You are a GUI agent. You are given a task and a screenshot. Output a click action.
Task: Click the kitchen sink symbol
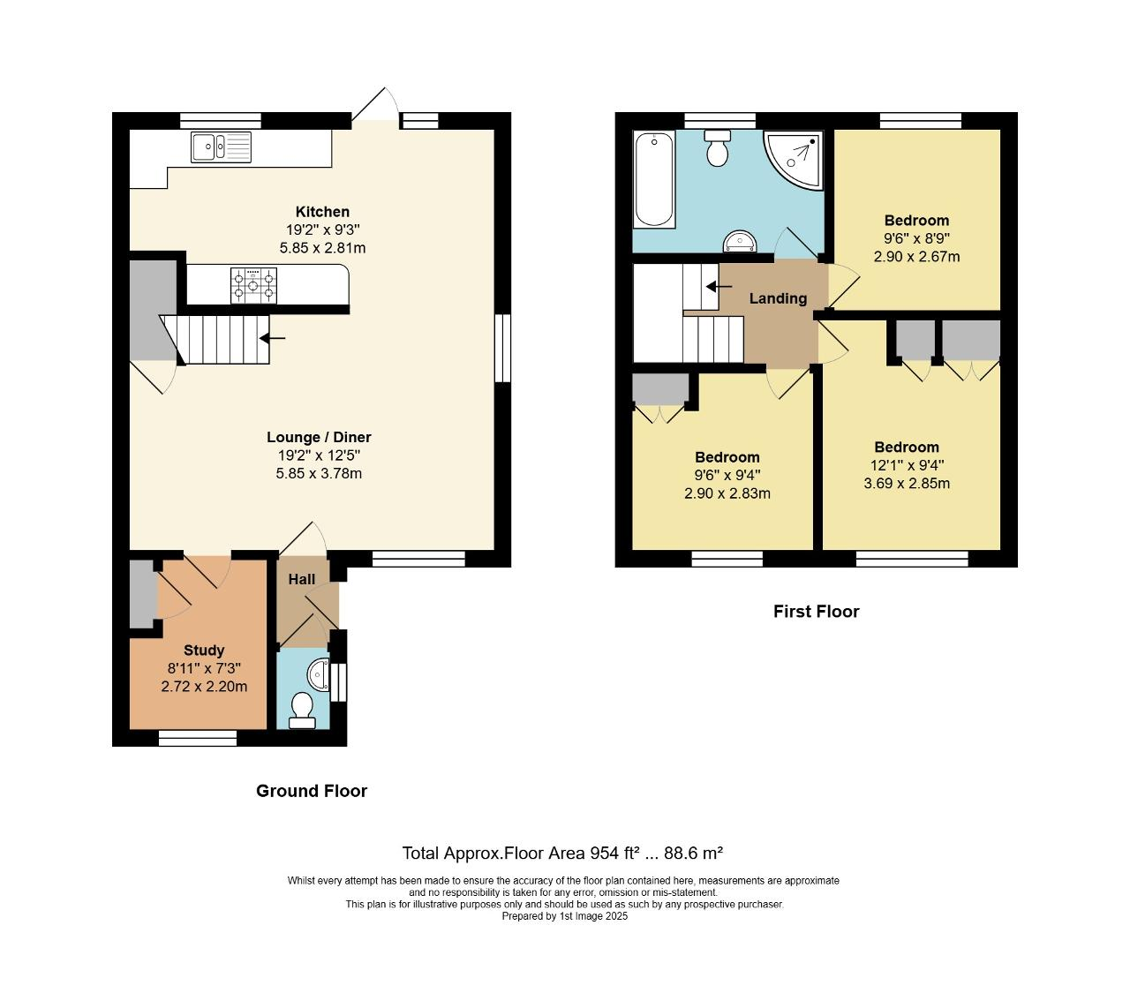pos(221,147)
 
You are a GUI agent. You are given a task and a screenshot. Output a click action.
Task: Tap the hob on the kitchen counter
pos(253,286)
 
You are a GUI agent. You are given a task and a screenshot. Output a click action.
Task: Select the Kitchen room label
pos(322,212)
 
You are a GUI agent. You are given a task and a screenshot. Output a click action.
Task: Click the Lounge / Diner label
pos(319,437)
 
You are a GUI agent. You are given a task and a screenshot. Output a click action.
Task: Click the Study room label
pos(204,651)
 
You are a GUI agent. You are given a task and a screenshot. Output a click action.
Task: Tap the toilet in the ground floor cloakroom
pos(302,710)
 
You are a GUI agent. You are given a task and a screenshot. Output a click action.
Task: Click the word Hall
pos(301,580)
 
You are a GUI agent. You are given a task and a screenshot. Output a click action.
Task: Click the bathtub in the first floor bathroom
pos(653,179)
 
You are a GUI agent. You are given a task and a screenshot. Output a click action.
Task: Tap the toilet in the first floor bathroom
pos(717,148)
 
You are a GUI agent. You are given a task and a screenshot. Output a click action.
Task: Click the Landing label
pos(778,298)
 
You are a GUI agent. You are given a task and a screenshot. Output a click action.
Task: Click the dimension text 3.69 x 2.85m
pos(907,484)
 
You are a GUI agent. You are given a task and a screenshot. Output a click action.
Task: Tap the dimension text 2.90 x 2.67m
pos(916,257)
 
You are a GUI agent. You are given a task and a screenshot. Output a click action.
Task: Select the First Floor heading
pos(816,612)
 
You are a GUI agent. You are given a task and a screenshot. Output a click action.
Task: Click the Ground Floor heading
pos(312,791)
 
